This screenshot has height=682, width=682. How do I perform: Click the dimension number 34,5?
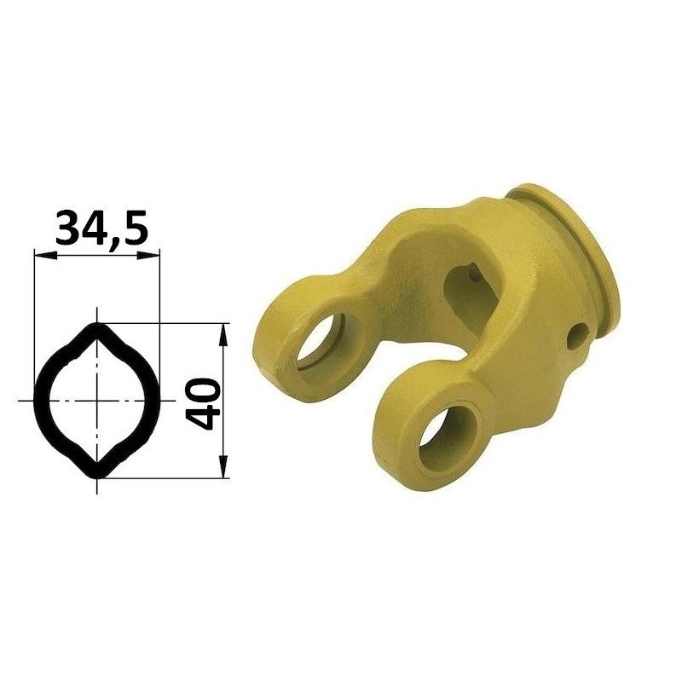pyautogui.click(x=101, y=227)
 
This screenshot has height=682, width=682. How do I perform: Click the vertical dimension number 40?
pyautogui.click(x=201, y=403)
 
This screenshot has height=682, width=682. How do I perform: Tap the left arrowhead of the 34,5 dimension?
pyautogui.click(x=45, y=256)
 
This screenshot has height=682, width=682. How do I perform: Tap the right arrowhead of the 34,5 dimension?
pyautogui.click(x=148, y=256)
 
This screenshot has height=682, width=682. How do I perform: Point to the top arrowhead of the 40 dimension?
pyautogui.click(x=223, y=334)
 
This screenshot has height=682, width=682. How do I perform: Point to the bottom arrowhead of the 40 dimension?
pyautogui.click(x=223, y=466)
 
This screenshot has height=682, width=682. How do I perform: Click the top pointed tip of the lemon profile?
pyautogui.click(x=97, y=324)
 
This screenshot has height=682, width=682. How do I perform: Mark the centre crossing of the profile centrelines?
pyautogui.click(x=97, y=400)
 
